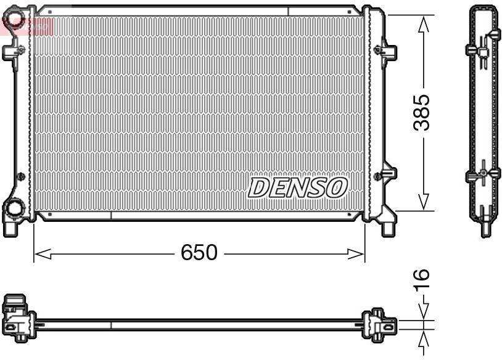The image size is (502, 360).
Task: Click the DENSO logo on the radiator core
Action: point(298,187)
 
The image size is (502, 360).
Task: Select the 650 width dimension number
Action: point(199,253)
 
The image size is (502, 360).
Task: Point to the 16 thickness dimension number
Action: point(421,280)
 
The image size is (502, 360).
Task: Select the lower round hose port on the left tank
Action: point(13,210)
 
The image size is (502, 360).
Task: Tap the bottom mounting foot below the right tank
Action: point(388,227)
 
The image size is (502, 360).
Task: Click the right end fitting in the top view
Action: point(376,322)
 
